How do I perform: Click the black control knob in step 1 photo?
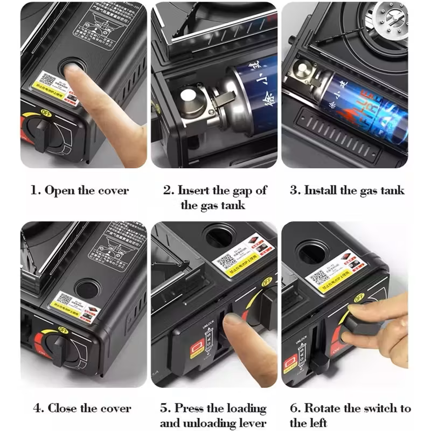[x=40, y=134]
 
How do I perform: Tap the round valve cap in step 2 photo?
[x=189, y=98]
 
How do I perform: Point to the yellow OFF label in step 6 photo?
[x=358, y=297]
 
